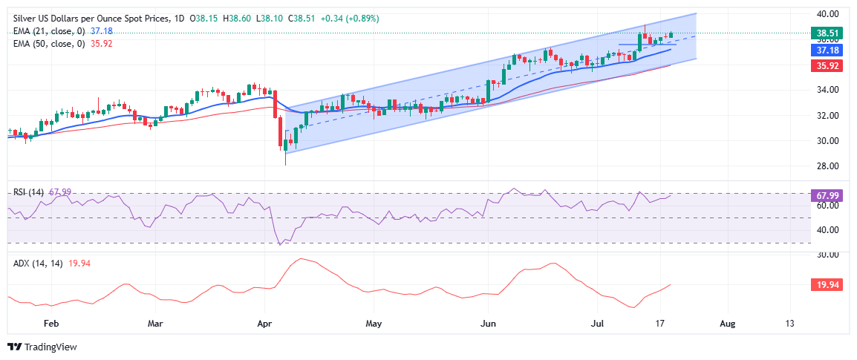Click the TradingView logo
(x=42, y=347)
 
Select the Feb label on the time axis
(x=50, y=324)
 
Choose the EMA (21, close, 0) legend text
(x=49, y=30)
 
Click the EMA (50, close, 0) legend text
(x=49, y=44)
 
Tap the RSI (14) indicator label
(x=28, y=192)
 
